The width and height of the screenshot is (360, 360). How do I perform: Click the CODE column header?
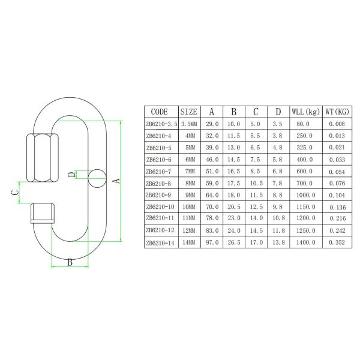point(160,111)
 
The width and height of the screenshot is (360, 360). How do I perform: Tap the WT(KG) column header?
point(337,111)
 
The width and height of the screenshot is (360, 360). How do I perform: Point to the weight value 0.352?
point(337,243)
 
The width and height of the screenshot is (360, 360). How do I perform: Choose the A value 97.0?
point(212,243)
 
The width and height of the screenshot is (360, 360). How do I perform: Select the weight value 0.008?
point(337,124)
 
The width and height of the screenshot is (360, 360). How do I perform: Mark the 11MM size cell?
point(188,219)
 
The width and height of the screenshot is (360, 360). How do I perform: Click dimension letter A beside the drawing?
point(118,179)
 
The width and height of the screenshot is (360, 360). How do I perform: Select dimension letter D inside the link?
point(71,175)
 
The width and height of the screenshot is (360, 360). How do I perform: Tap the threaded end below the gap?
point(43,213)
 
